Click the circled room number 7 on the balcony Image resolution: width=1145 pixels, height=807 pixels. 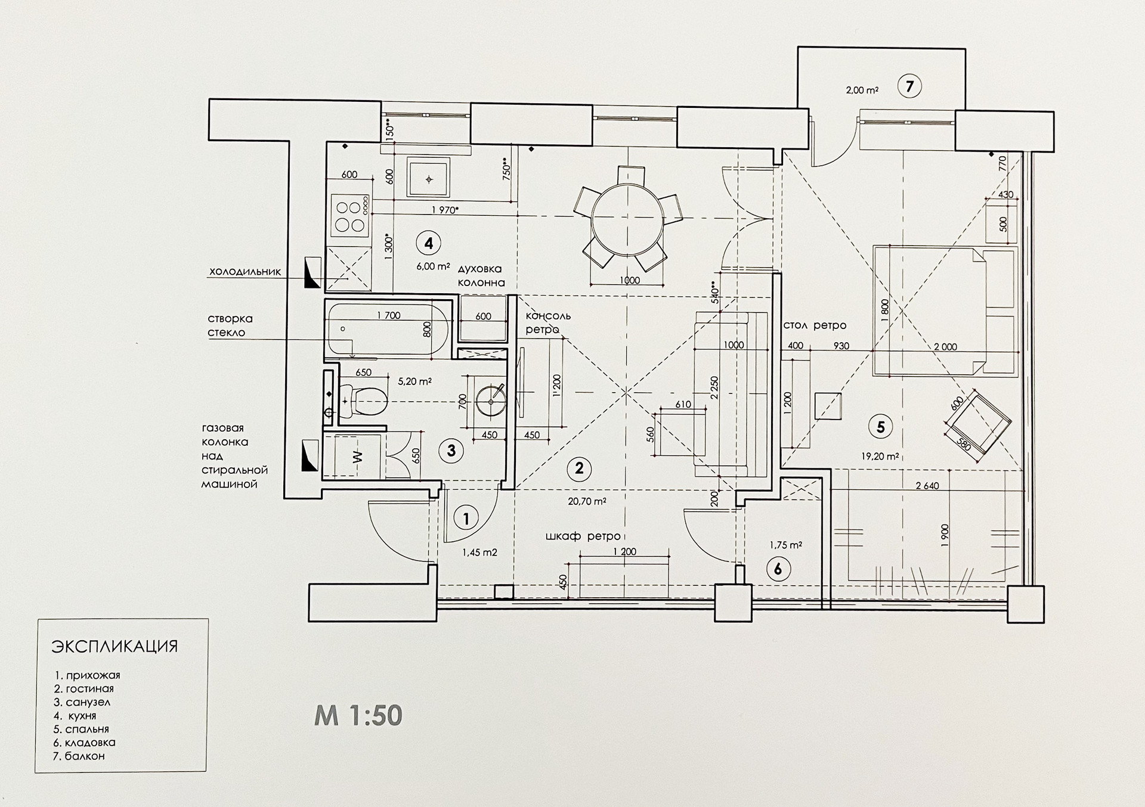tap(909, 87)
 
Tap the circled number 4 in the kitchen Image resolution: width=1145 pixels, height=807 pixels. tap(428, 243)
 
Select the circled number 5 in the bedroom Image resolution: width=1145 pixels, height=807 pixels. tap(880, 427)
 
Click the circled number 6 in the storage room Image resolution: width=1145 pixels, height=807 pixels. tap(778, 569)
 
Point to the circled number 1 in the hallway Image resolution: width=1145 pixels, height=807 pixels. tap(466, 519)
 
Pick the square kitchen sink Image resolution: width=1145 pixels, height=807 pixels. tap(428, 178)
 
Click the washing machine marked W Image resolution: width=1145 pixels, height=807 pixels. tap(356, 457)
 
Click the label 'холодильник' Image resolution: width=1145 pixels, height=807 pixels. tap(245, 272)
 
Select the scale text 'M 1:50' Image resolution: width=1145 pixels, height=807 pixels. tap(358, 715)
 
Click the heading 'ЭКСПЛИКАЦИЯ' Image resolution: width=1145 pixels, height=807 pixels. tap(115, 647)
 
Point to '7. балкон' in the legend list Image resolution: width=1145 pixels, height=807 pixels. tap(79, 756)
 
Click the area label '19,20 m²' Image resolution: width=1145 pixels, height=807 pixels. tap(880, 457)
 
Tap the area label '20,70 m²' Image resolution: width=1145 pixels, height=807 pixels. tap(587, 502)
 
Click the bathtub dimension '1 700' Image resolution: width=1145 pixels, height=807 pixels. tap(389, 316)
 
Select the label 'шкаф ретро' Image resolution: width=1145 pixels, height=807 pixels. tap(583, 536)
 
